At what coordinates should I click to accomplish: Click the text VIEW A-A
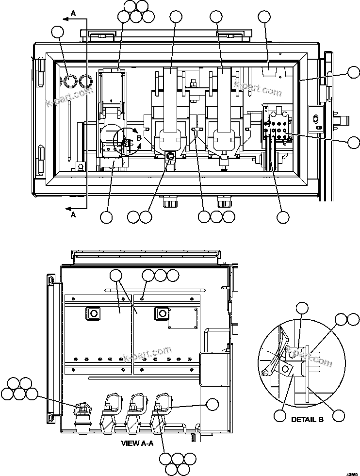coord(137,443)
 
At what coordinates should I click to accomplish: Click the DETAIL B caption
coord(307,419)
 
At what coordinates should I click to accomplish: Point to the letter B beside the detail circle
coord(138,137)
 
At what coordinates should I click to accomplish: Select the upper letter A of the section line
coord(73,14)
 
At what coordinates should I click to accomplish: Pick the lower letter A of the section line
coord(73,215)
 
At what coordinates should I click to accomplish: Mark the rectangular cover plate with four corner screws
coord(182,319)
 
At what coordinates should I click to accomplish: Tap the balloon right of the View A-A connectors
coord(212,404)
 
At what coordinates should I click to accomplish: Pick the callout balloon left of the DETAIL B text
coord(279,416)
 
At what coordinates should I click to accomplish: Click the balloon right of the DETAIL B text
coord(339,415)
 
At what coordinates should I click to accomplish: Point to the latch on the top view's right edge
coord(318,119)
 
